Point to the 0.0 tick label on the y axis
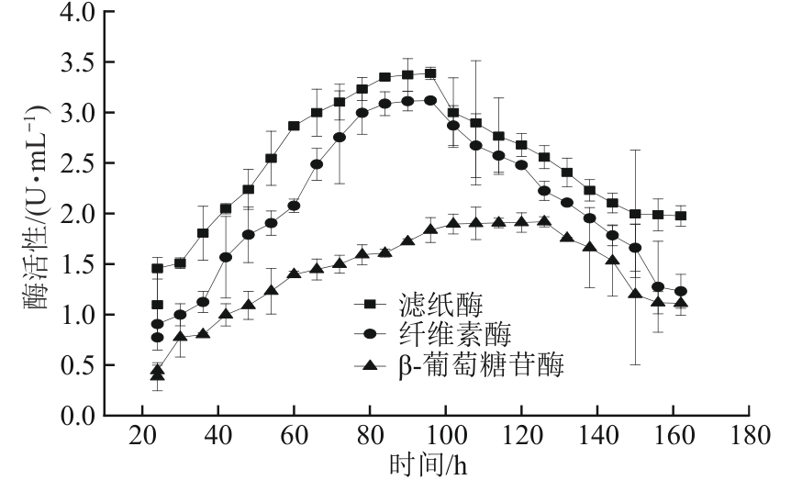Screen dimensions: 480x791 point(76,416)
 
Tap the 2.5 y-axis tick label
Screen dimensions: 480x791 point(76,164)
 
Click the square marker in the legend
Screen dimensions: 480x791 point(368,304)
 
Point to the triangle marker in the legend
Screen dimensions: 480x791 point(368,365)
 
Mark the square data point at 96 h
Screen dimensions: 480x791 point(430,73)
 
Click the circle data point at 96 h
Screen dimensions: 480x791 point(430,101)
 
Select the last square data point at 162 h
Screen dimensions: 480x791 point(680,217)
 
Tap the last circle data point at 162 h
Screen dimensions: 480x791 point(680,292)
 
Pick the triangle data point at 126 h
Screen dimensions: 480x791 point(544,221)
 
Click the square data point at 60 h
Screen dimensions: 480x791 point(295,126)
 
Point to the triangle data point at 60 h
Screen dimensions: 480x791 point(295,273)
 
